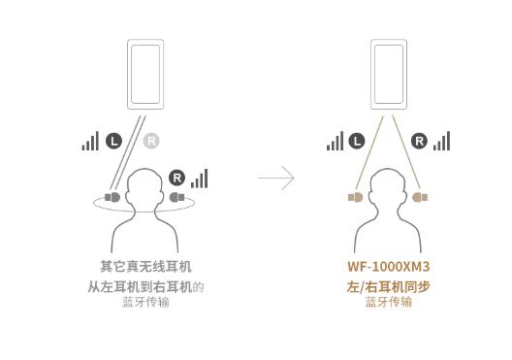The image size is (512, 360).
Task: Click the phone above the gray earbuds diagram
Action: pos(145,73)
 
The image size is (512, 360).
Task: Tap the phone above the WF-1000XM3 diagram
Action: pos(388,73)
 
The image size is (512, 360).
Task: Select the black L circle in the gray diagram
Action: pos(112,142)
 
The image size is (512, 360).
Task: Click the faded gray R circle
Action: pos(151,142)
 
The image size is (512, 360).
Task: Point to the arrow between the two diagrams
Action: pos(276,178)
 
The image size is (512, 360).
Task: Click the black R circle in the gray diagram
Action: pos(176,178)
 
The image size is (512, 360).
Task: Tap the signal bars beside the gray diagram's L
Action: pos(90,142)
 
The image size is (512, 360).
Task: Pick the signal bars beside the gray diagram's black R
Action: pos(199,179)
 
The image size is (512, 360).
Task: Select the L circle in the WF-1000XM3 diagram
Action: pos(356,142)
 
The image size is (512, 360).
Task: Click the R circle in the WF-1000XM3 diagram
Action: pos(420,142)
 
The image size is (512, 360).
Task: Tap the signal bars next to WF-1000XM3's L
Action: pos(335,142)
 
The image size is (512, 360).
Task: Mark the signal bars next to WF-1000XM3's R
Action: pos(442,142)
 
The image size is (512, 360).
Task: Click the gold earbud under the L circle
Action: pos(356,197)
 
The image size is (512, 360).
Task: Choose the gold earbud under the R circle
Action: pos(419,197)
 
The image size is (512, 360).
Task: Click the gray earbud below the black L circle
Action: pos(112,197)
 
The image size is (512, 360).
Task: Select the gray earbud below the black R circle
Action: pos(176,197)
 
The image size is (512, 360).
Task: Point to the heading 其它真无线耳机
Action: pos(145,266)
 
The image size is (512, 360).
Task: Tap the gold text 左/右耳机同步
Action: pos(388,286)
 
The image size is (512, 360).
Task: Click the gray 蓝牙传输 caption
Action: pos(145,302)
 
